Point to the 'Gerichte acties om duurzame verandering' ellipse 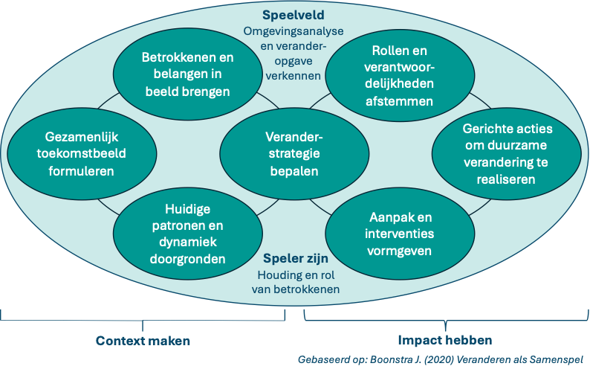coord(508,154)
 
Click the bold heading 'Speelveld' coord(293,15)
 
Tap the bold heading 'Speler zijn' coord(294,259)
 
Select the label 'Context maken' coord(143,341)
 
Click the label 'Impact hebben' coord(444,341)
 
